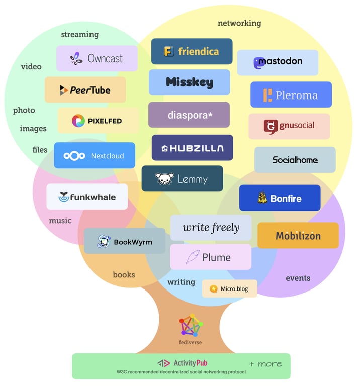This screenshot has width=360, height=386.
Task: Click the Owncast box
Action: pyautogui.click(x=97, y=58)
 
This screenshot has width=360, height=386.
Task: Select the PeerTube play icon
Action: pyautogui.click(x=64, y=90)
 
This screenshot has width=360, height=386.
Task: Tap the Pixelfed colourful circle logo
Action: pyautogui.click(x=78, y=121)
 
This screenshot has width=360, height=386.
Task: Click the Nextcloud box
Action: pyautogui.click(x=95, y=155)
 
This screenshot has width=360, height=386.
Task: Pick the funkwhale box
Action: pyautogui.click(x=87, y=197)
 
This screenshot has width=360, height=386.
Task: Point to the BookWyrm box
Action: pyautogui.click(x=125, y=241)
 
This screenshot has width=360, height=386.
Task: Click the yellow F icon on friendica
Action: pyautogui.click(x=169, y=51)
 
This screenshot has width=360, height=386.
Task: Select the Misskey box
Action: pyautogui.click(x=190, y=82)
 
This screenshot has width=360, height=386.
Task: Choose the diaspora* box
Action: pyautogui.click(x=189, y=115)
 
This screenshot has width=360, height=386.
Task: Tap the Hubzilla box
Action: pyautogui.click(x=192, y=148)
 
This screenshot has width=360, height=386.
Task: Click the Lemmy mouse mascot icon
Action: pyautogui.click(x=164, y=179)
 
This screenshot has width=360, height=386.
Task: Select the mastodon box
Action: pyautogui.click(x=278, y=62)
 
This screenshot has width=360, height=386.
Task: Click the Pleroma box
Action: pyautogui.click(x=291, y=94)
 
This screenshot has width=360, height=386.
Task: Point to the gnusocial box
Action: pyautogui.click(x=289, y=126)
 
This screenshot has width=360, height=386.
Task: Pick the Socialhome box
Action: pyautogui.click(x=295, y=160)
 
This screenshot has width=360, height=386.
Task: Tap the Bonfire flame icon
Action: pyautogui.click(x=262, y=198)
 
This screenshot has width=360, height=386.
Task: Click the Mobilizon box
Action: pyautogui.click(x=298, y=235)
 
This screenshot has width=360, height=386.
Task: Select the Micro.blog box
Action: pyautogui.click(x=230, y=288)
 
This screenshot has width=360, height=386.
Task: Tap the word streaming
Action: pyautogui.click(x=79, y=35)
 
